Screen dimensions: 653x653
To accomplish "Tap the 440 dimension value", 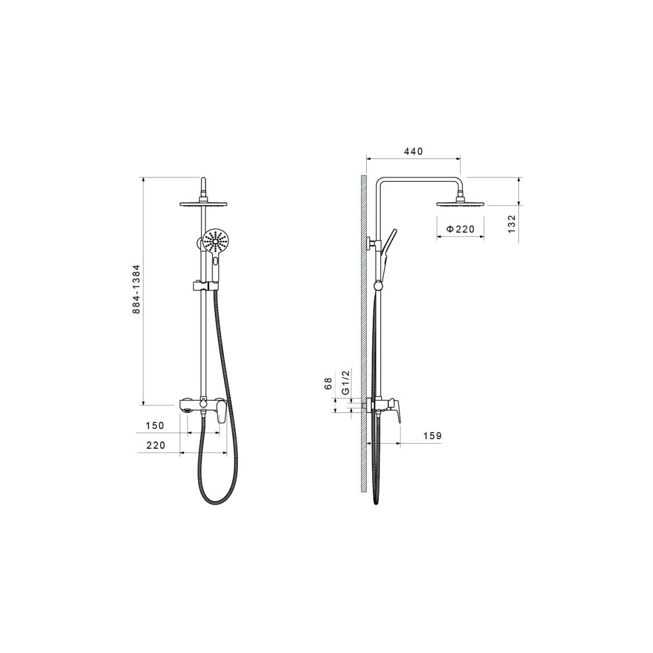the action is point(413,151).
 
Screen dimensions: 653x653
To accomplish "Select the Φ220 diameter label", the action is point(460,229).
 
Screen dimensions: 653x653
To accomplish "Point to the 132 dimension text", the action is point(512,224).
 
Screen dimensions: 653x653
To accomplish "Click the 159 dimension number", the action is point(433,436).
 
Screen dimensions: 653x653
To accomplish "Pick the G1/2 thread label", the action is point(345,382).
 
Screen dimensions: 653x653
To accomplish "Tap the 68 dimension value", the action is point(328,383).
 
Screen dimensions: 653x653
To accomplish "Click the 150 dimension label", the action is point(155,426).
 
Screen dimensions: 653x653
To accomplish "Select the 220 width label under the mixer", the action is point(156,445).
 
